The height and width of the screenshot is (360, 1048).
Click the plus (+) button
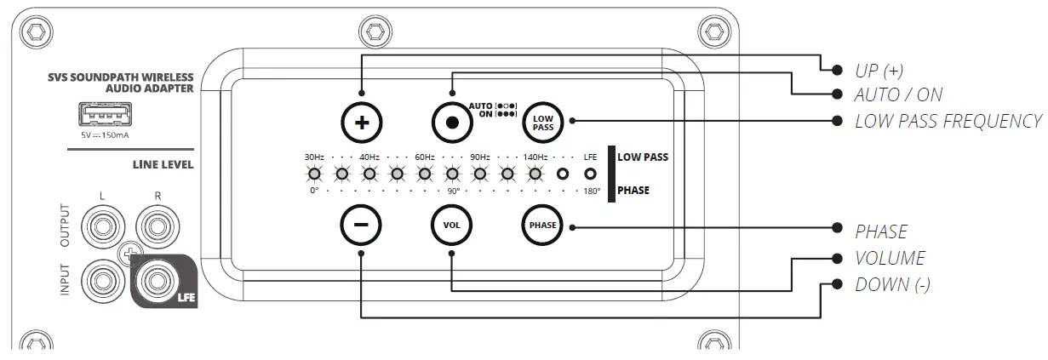[x=362, y=122]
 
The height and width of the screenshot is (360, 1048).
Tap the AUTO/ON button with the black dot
[x=452, y=122]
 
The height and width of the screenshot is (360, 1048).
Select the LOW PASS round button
[x=543, y=122]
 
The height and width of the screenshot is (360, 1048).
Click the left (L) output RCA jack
[x=101, y=227]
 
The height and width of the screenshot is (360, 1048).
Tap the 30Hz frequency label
[x=314, y=157]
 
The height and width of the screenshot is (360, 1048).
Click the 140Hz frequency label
[x=535, y=157]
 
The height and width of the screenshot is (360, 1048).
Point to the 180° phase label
[x=592, y=191]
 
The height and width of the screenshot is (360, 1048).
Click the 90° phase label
[x=452, y=191]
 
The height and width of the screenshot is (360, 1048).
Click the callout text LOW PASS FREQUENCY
[x=948, y=121]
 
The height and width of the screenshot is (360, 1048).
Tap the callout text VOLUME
[x=890, y=258]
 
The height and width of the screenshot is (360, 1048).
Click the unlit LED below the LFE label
[x=590, y=174]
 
